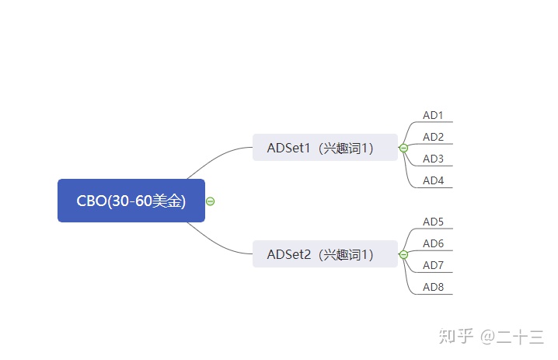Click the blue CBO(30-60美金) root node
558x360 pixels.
click(x=131, y=201)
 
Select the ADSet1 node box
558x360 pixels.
click(x=325, y=148)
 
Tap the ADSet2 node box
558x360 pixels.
click(x=325, y=254)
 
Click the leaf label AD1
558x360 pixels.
click(x=433, y=115)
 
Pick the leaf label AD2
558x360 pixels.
click(x=433, y=137)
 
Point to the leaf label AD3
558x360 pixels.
click(x=433, y=159)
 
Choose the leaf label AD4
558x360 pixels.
click(x=433, y=180)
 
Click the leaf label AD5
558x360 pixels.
click(x=433, y=222)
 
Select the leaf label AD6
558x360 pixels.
click(x=433, y=243)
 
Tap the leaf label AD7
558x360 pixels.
click(x=433, y=265)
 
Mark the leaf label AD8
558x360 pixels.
click(x=433, y=287)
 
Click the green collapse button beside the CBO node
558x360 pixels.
click(x=211, y=201)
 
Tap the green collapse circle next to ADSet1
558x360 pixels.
click(x=403, y=148)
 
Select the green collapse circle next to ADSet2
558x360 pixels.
click(x=403, y=254)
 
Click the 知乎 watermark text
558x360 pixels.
click(x=456, y=336)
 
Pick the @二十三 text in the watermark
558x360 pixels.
click(x=511, y=337)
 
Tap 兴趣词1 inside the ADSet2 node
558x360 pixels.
click(x=346, y=254)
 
